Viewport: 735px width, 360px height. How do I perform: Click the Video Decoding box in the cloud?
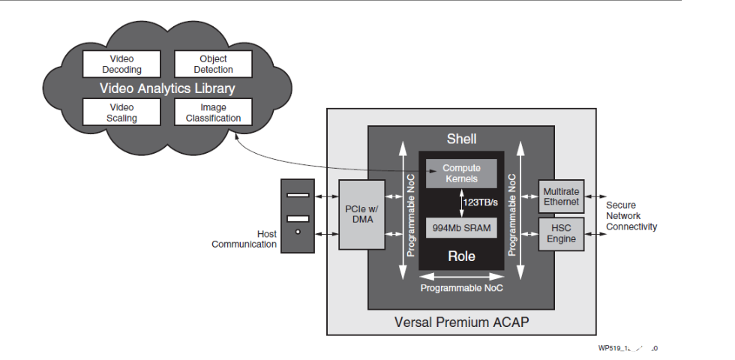121,64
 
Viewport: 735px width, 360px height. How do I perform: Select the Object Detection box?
213,64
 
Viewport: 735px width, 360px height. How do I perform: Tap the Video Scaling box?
121,112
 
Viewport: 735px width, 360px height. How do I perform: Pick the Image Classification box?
213,112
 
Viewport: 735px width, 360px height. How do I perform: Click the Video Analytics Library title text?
167,88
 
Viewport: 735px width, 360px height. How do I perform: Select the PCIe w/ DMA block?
361,214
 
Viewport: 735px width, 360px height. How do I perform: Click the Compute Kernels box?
461,173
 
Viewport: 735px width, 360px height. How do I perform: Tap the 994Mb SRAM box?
461,228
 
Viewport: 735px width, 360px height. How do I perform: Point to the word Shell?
461,139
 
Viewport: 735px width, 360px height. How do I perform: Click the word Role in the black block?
461,256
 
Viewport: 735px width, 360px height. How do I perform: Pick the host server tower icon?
298,215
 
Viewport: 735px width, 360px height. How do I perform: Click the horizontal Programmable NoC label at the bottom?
461,287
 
